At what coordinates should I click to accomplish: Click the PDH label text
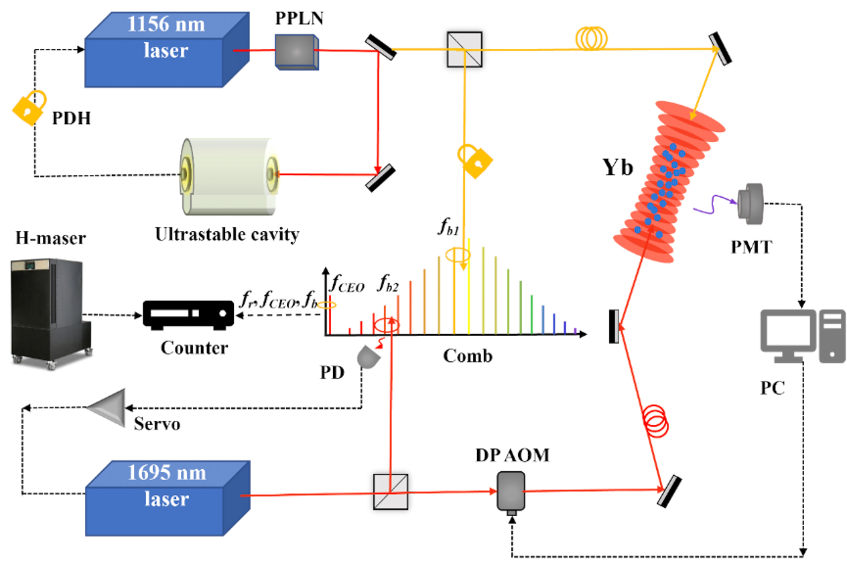[x=71, y=118]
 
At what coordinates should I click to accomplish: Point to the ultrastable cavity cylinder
[x=229, y=176]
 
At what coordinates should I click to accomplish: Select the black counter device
[x=188, y=315]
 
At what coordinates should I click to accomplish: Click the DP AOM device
[x=511, y=491]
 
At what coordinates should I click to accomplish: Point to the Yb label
[x=617, y=168]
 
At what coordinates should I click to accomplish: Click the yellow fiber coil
[x=592, y=39]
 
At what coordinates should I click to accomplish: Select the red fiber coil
[x=656, y=421]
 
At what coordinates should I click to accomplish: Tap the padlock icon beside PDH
[x=29, y=108]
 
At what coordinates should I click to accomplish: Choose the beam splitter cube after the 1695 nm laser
[x=390, y=491]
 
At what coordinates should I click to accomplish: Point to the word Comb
[x=468, y=356]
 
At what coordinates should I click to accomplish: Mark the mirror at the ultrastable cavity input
[x=380, y=178]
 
